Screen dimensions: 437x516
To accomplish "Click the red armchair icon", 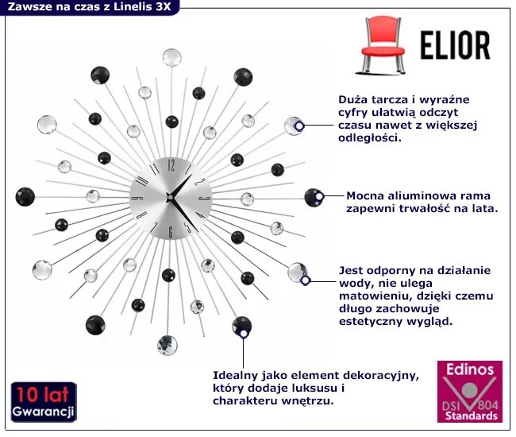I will click(x=378, y=44).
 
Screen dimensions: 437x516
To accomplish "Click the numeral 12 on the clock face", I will click(x=171, y=166).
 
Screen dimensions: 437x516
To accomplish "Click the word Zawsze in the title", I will click(x=30, y=8).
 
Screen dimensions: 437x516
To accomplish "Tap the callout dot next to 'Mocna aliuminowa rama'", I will click(x=318, y=196).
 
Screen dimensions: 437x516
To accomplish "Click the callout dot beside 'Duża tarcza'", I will click(x=299, y=126).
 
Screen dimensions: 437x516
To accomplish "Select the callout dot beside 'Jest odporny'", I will click(x=306, y=279).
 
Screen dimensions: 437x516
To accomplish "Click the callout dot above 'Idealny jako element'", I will click(x=244, y=335).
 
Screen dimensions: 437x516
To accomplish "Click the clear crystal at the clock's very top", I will click(x=171, y=56).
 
